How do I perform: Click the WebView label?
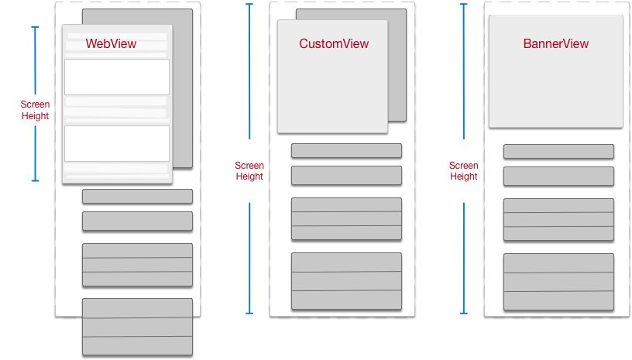111,44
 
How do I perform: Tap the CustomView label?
334,44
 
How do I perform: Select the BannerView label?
555,44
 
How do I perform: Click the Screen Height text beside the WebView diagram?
35,110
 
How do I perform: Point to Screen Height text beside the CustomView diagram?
249,170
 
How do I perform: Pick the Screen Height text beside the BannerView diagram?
463,170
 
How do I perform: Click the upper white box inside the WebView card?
117,77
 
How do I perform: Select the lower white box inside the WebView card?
117,143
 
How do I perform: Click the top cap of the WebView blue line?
35,28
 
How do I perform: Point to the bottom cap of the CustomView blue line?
249,313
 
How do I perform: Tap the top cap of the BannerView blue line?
463,4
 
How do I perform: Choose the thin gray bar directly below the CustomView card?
346,150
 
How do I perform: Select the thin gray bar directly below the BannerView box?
558,151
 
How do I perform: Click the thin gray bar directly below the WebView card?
137,196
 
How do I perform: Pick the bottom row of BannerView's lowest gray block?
558,301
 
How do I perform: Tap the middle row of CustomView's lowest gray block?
346,281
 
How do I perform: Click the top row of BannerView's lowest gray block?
558,263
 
